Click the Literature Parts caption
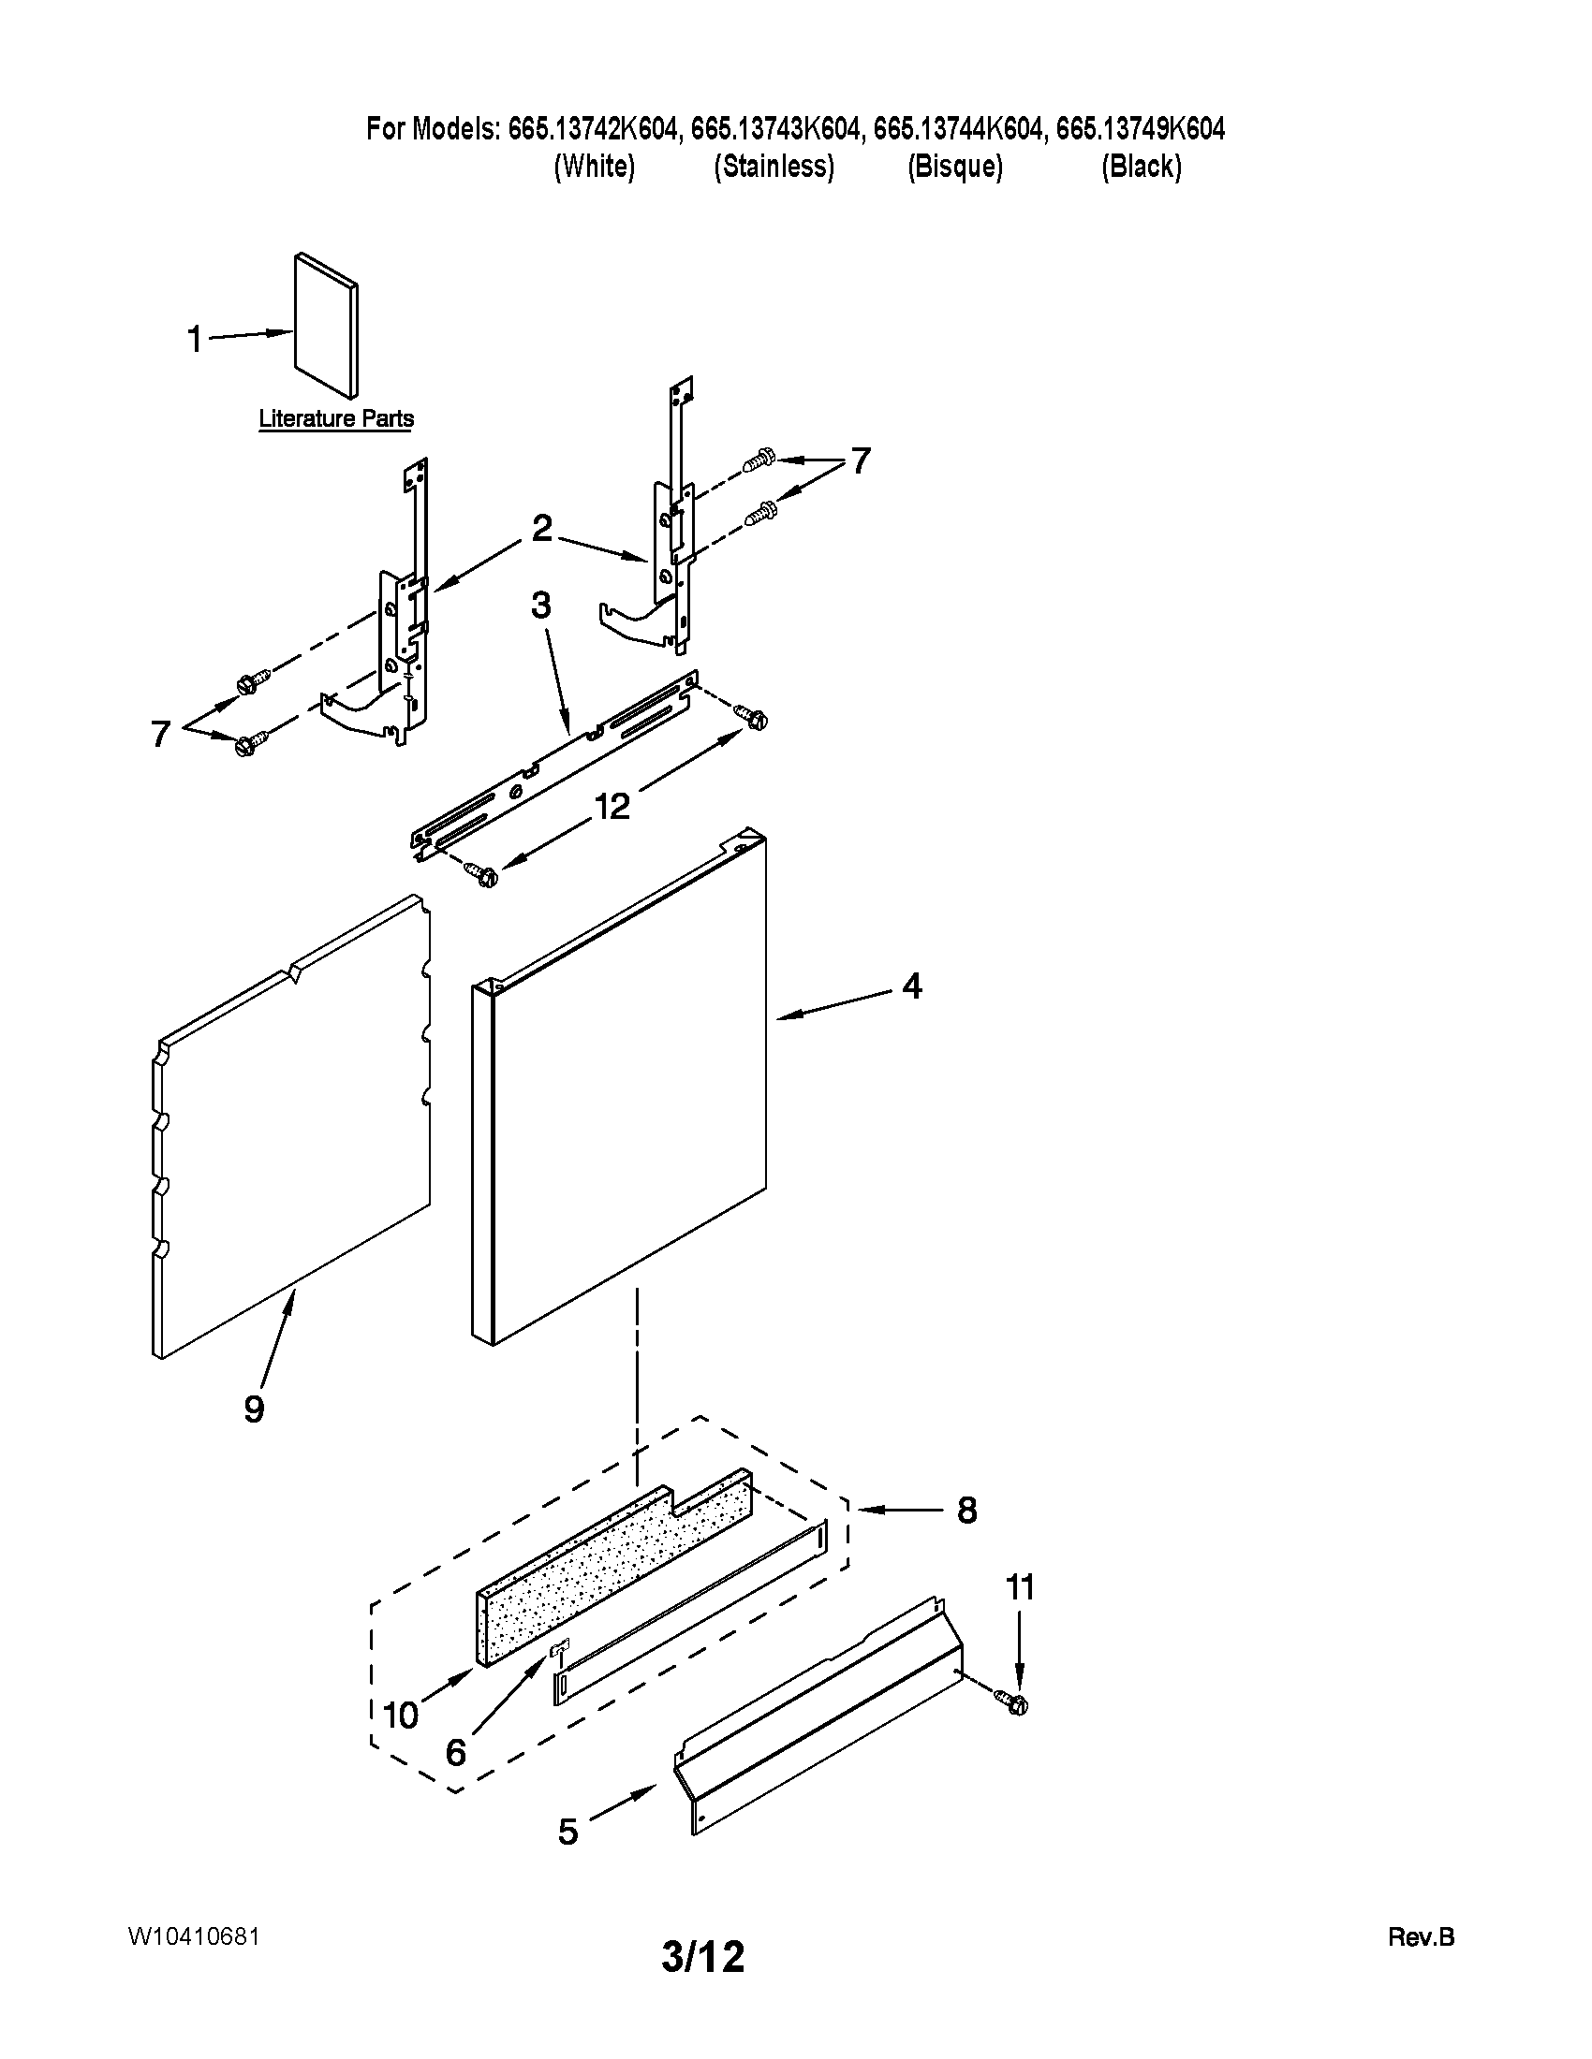click(x=336, y=418)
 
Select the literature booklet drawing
click(x=326, y=325)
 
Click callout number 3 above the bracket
click(x=540, y=606)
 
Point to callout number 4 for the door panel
click(x=911, y=986)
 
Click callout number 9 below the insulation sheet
click(x=254, y=1409)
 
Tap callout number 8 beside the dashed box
click(x=966, y=1511)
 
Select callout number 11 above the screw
click(x=1020, y=1587)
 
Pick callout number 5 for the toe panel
click(x=568, y=1832)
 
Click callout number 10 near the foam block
click(x=401, y=1715)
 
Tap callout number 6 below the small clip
click(x=455, y=1753)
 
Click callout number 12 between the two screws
click(x=612, y=806)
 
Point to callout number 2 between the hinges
click(x=541, y=529)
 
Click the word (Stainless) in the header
click(x=774, y=167)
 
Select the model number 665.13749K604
click(x=1141, y=128)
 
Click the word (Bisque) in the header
click(x=954, y=167)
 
